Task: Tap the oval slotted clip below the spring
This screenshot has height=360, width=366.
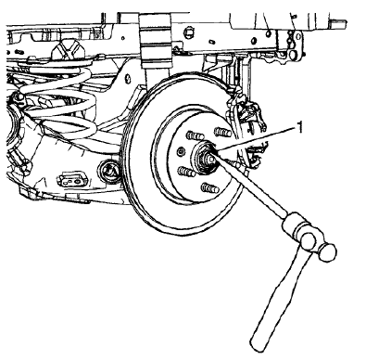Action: (70, 179)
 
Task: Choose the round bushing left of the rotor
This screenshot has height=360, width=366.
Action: (112, 171)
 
